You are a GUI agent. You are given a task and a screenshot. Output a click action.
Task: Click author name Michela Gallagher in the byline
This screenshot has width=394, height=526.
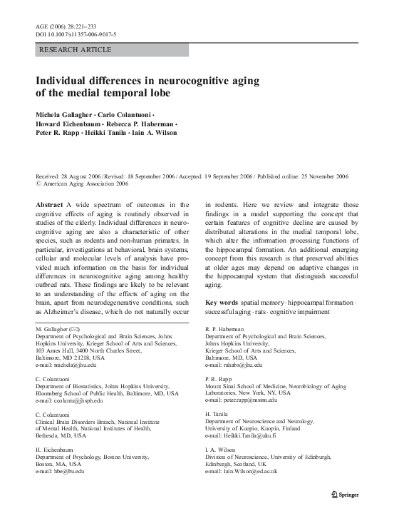pos(66,114)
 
